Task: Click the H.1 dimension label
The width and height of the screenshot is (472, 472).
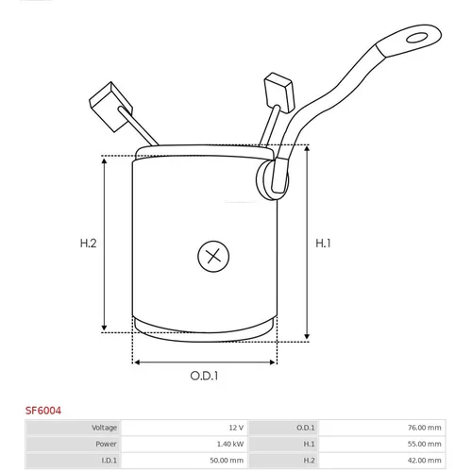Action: tap(323, 244)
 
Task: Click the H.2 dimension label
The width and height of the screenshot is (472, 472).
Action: tap(88, 244)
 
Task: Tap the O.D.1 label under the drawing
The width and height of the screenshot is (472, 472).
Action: tap(204, 376)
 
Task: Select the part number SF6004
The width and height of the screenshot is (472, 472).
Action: tap(43, 411)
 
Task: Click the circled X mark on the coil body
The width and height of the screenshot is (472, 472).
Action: tap(213, 256)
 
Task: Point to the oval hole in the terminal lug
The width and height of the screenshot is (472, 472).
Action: tap(416, 38)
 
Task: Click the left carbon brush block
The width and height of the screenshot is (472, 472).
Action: tap(110, 107)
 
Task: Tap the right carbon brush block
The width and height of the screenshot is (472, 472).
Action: tap(279, 93)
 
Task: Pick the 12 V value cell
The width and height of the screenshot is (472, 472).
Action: tap(236, 428)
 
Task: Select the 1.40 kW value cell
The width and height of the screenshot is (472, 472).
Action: tap(230, 444)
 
